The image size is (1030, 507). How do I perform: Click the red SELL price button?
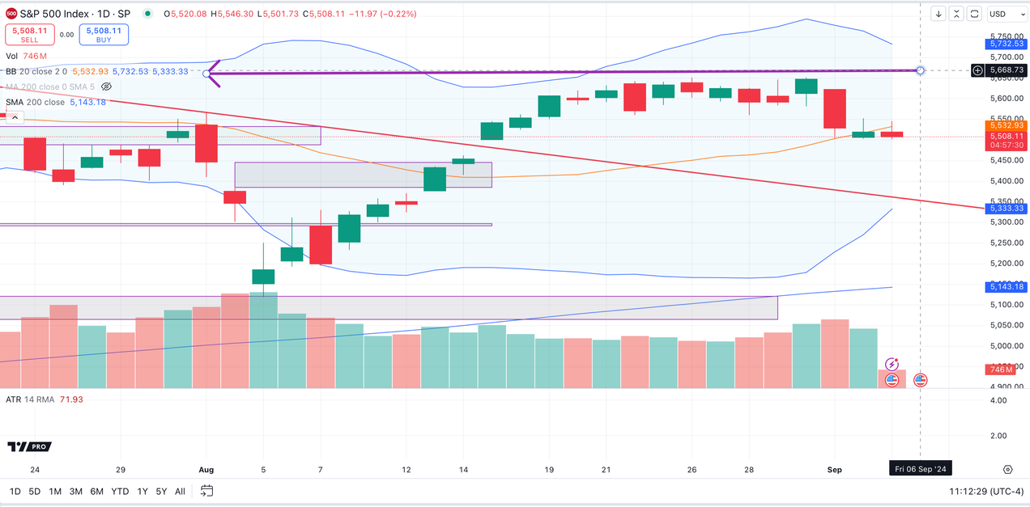tap(30, 35)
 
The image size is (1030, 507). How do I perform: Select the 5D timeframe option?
tap(35, 492)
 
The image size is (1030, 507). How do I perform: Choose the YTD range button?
tap(120, 492)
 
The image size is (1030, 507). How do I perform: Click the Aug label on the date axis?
tap(206, 470)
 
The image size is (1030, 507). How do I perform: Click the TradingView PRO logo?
tap(28, 446)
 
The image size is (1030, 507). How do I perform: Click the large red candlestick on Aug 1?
tap(206, 142)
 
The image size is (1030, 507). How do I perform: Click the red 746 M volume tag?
tap(1001, 370)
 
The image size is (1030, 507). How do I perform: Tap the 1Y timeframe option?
tap(143, 492)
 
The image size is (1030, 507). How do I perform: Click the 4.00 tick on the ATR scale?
tap(998, 400)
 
